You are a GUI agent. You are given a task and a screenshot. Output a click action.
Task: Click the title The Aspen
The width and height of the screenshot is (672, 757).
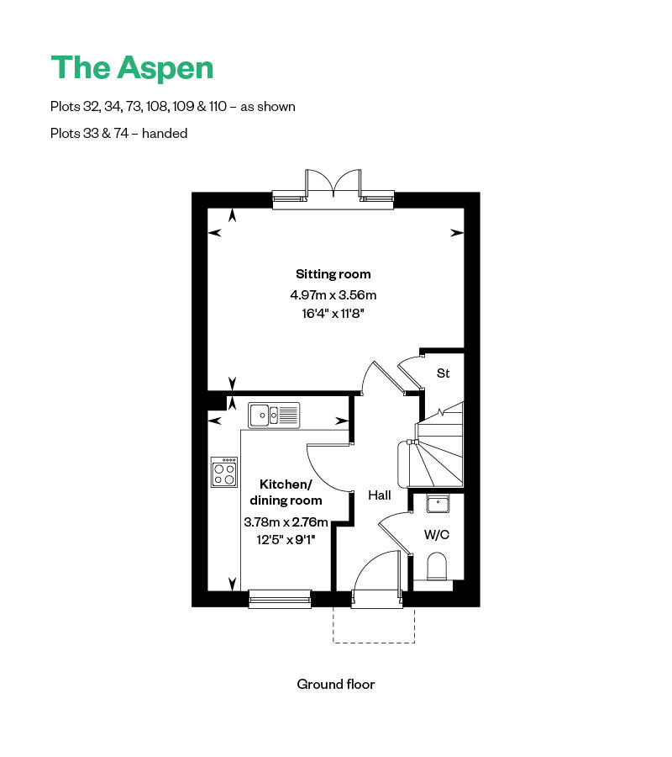point(133,67)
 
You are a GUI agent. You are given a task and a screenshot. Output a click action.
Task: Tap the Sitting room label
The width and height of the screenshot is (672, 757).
point(333,274)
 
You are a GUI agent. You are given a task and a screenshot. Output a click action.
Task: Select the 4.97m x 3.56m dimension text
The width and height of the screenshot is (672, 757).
point(333,295)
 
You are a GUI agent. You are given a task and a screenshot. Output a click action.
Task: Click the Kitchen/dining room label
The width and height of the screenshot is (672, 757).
point(286,492)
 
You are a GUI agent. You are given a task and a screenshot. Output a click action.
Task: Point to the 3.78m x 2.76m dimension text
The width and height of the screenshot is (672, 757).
point(286,522)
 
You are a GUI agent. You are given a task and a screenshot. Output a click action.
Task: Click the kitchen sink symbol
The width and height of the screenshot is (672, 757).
point(274,414)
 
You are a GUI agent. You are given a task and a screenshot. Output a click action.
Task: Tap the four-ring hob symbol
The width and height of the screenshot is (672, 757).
point(224,472)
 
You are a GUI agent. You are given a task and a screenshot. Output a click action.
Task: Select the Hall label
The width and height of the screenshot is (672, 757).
point(380,495)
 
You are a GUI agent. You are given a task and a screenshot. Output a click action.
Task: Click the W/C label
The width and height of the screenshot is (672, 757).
point(435,534)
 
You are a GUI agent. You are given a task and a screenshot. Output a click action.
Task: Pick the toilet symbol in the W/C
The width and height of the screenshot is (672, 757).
point(438,567)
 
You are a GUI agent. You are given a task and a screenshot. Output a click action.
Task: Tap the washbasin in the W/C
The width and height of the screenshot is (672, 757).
point(438,503)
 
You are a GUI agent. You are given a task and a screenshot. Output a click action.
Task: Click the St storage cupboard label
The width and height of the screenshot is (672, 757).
point(443,373)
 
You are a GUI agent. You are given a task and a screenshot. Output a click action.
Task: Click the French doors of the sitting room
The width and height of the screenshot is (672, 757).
point(333,185)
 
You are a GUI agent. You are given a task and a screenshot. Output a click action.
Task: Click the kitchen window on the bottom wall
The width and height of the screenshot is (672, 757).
point(280,598)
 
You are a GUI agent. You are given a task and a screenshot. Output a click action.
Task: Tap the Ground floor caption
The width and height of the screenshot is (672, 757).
point(336,684)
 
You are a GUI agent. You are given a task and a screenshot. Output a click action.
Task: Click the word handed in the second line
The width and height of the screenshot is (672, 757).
point(165,133)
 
